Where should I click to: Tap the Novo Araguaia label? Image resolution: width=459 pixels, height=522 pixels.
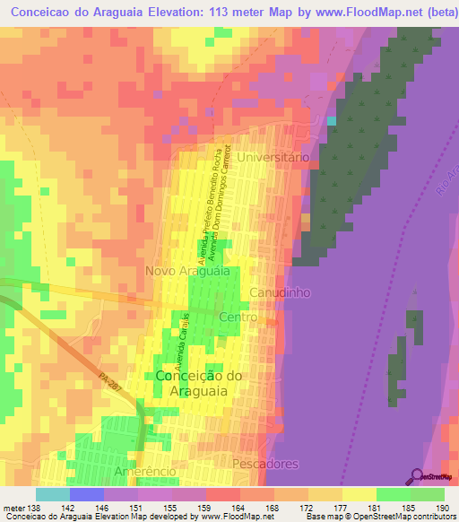[187, 270]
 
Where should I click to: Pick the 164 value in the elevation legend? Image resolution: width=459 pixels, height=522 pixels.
[237, 508]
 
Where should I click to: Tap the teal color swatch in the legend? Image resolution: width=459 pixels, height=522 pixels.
[52, 494]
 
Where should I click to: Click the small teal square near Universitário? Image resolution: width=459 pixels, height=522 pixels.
[332, 120]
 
